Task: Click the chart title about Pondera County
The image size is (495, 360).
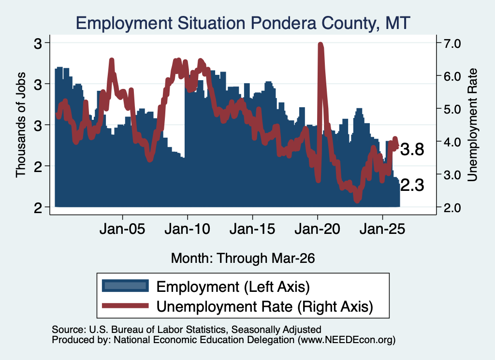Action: coord(243,23)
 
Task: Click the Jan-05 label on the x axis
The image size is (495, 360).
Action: coord(122,229)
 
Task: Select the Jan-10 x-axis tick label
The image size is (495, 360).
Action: coord(187,229)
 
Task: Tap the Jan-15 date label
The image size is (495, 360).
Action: coord(252,229)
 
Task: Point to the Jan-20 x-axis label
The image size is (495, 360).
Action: coord(317,229)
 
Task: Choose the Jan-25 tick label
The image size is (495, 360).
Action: coord(382,229)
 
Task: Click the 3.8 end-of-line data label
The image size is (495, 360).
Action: coord(412,149)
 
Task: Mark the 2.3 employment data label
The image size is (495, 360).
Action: coord(412,185)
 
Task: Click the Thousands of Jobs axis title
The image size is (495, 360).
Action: coord(20,125)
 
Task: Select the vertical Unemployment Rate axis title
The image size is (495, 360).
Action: coord(472,125)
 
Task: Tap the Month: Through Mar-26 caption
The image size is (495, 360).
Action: coord(243,258)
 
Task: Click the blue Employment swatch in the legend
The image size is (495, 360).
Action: coord(125,286)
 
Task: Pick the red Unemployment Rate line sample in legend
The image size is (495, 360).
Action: coord(125,305)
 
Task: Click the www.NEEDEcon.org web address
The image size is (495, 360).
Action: coord(347,340)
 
